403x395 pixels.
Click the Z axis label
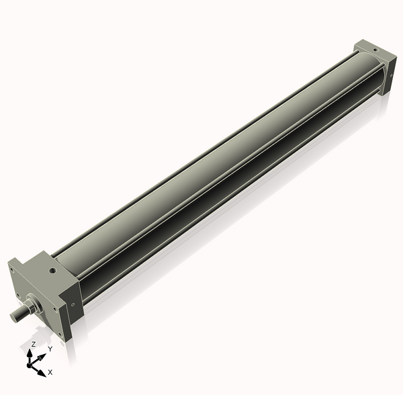(33, 343)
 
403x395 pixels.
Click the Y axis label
(50, 349)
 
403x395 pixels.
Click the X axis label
(50, 371)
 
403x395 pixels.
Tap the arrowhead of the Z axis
(32, 351)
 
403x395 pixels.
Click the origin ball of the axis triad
(31, 363)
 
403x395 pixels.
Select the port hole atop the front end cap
(52, 271)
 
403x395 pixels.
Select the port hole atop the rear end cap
(372, 48)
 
